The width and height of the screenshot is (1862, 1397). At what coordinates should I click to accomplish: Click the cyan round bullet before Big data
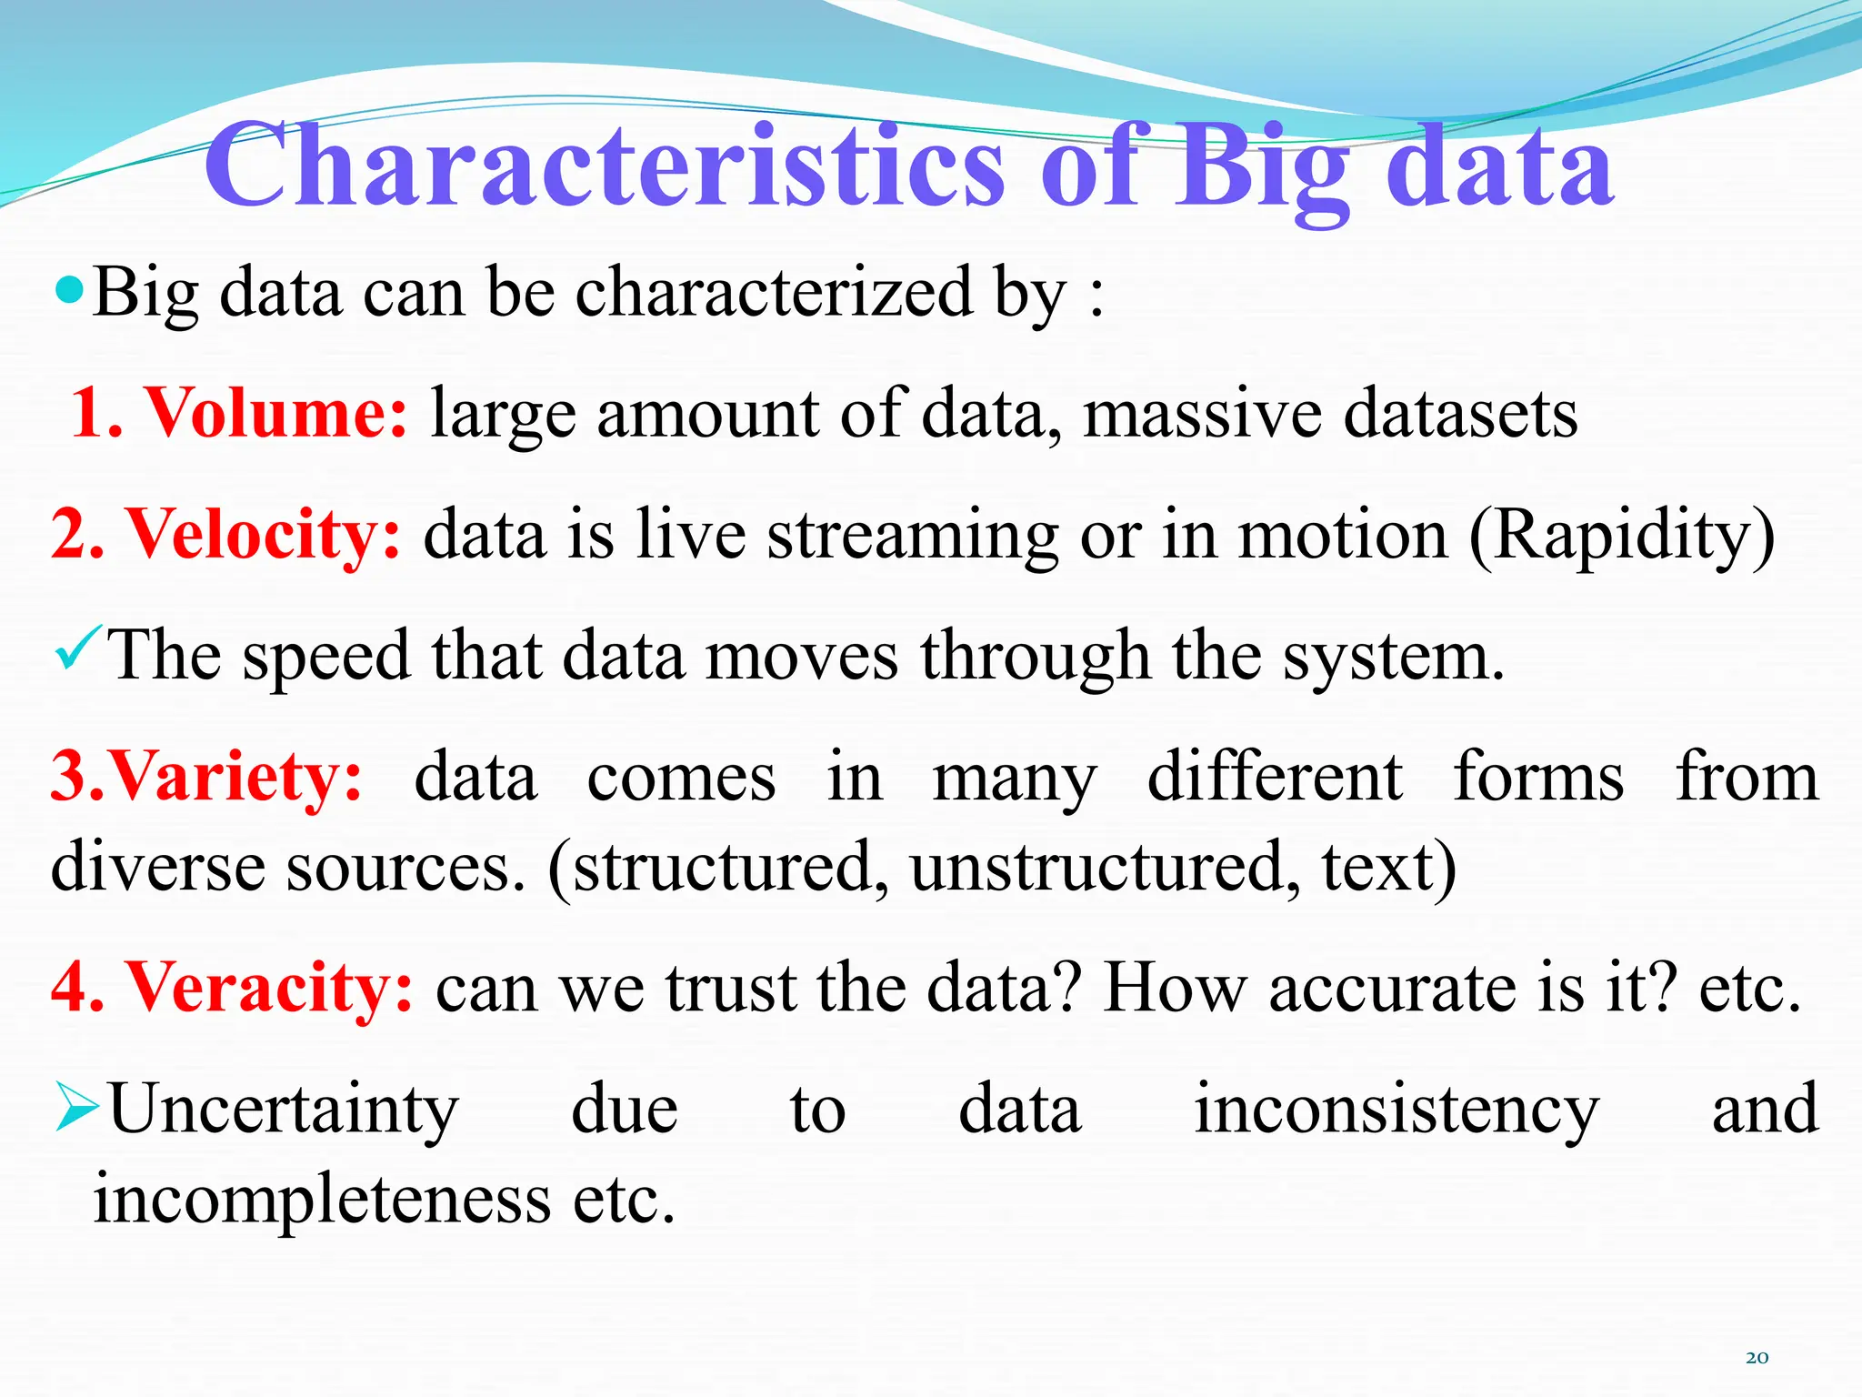(x=69, y=291)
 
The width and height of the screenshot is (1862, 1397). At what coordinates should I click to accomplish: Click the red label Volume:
(x=277, y=413)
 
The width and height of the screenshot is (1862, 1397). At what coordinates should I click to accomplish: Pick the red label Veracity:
(x=269, y=988)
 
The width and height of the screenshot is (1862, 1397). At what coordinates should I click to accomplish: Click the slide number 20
(x=1757, y=1358)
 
